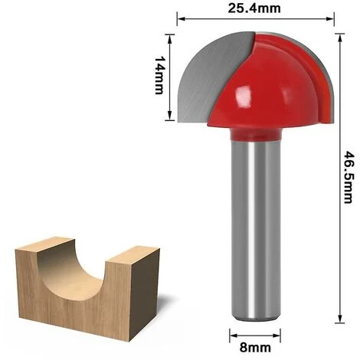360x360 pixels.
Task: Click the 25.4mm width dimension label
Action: click(254, 8)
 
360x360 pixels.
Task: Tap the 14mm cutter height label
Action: click(160, 75)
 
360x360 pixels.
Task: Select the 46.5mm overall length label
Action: click(348, 177)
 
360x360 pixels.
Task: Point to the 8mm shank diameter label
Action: click(255, 348)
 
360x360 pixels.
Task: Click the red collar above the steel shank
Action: click(256, 135)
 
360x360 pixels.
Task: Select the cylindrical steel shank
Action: click(256, 230)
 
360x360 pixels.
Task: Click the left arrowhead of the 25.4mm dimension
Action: click(181, 18)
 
